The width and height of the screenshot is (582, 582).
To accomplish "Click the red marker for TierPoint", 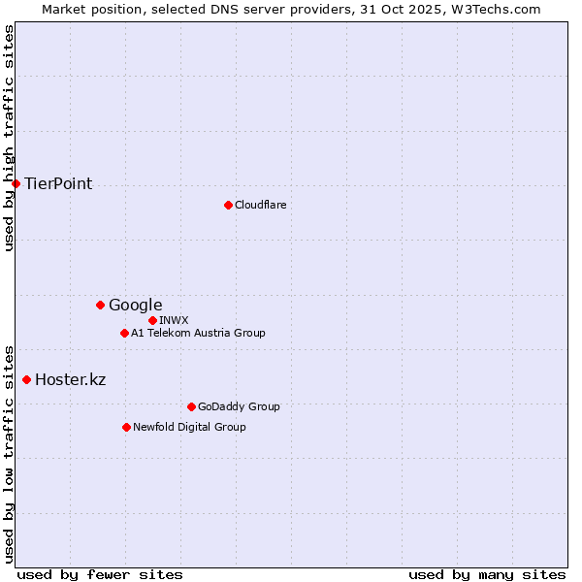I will click(16, 183).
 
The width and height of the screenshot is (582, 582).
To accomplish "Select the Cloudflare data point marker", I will click(228, 205).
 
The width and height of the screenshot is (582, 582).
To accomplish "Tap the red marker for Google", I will click(100, 305).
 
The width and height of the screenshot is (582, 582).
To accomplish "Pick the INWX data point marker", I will click(152, 320).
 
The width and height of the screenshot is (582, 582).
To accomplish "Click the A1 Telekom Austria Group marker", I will click(124, 333).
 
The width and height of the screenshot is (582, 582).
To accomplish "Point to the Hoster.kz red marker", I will click(26, 379).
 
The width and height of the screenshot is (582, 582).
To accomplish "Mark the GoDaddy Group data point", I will click(191, 406).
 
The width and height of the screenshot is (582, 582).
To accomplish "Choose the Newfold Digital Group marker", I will click(126, 427).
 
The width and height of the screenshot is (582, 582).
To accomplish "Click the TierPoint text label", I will click(58, 183).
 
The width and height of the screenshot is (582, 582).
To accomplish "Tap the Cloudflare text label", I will click(260, 205).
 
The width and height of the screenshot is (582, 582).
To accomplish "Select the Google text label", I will click(135, 305).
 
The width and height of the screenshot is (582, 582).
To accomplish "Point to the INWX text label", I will click(174, 320).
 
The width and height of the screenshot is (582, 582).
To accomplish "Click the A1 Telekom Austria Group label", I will click(198, 333).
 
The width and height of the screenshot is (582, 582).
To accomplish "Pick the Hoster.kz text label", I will click(70, 379).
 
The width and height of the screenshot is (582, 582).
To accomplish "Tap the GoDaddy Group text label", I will click(239, 406).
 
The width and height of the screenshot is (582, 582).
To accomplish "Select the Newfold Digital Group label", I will click(189, 427).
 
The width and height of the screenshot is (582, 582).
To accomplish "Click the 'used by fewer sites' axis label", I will click(100, 574).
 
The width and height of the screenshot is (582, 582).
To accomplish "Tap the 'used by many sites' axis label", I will click(487, 574).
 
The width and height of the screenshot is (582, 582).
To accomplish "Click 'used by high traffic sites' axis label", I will click(9, 138).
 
